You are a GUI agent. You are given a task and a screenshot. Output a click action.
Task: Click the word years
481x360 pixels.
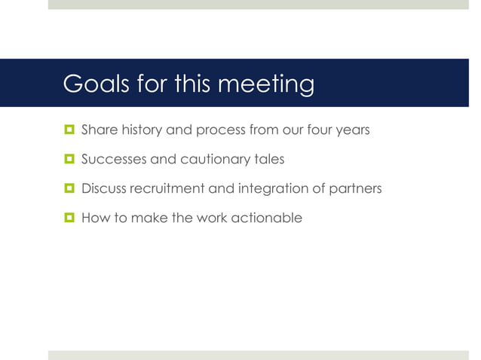coord(352,130)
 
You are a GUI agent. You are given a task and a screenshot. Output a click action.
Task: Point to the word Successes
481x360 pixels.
coord(112,159)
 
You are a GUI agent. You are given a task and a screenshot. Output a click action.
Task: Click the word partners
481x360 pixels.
coord(354,188)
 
